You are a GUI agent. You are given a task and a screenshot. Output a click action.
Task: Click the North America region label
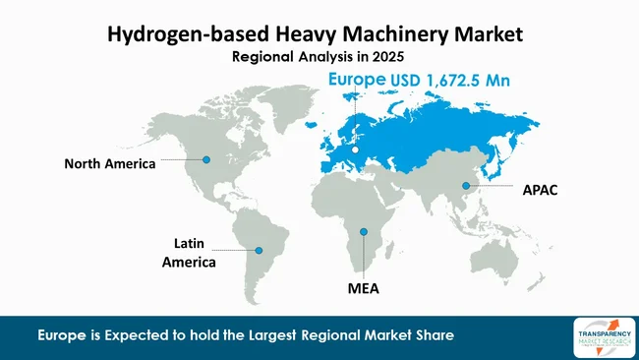tap(110, 164)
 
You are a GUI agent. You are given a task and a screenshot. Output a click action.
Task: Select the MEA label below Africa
tap(363, 290)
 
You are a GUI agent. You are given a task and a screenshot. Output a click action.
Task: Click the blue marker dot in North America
tap(206, 158)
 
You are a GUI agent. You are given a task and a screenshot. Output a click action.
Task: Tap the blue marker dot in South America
tap(260, 251)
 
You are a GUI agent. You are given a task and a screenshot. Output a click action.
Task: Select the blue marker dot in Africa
tap(364, 232)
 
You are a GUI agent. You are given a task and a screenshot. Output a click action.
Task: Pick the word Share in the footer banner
tap(432, 336)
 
